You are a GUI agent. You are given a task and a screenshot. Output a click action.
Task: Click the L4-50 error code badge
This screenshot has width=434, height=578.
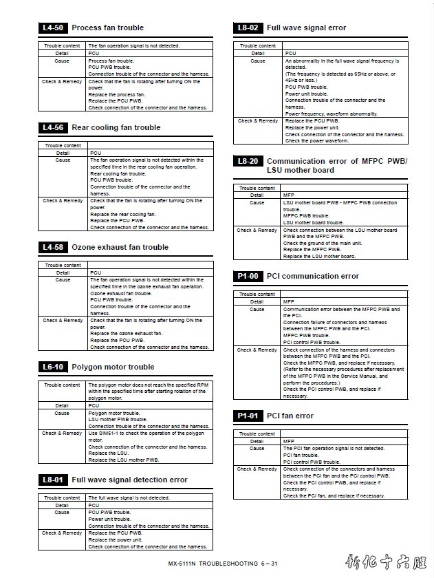click(53, 28)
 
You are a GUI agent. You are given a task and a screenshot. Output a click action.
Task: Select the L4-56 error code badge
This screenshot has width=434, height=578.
click(53, 127)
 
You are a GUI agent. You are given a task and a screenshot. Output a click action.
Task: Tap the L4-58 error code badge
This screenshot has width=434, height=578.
click(53, 247)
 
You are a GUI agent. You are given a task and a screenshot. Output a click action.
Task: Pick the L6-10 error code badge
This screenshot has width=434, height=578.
click(53, 367)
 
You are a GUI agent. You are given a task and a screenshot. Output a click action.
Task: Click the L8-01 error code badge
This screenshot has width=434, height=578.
click(53, 480)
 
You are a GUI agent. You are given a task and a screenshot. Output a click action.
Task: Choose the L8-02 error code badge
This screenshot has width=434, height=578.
click(248, 28)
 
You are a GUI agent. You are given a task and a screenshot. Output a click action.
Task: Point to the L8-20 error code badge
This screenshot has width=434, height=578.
click(248, 161)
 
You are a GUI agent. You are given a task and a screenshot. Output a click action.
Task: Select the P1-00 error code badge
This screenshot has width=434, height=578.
click(248, 276)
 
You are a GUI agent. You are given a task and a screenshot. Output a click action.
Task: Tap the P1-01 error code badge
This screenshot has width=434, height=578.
click(248, 416)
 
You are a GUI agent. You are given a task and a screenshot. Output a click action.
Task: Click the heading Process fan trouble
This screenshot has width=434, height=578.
click(108, 28)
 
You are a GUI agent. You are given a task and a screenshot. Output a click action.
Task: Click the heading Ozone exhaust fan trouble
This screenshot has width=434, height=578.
click(120, 247)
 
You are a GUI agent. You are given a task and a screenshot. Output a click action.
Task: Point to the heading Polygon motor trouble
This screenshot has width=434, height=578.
click(113, 367)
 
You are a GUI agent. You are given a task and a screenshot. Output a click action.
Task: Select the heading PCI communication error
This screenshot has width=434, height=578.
click(313, 276)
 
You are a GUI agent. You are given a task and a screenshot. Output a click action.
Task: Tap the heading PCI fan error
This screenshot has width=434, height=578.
click(290, 416)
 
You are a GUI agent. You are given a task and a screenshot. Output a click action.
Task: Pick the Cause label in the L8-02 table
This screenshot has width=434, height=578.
click(258, 61)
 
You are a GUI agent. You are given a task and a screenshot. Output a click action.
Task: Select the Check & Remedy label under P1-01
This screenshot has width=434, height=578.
click(257, 469)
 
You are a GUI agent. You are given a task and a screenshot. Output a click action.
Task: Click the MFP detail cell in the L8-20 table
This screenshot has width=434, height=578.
click(289, 195)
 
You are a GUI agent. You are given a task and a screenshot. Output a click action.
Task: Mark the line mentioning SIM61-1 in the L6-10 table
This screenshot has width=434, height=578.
click(146, 433)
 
